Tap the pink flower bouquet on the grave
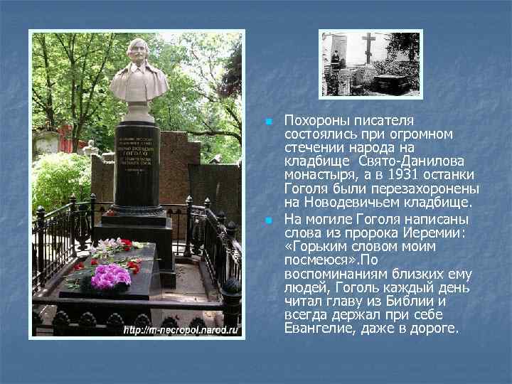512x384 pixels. [x=111, y=275]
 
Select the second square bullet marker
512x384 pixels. [x=267, y=220]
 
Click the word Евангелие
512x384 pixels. [x=317, y=330]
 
